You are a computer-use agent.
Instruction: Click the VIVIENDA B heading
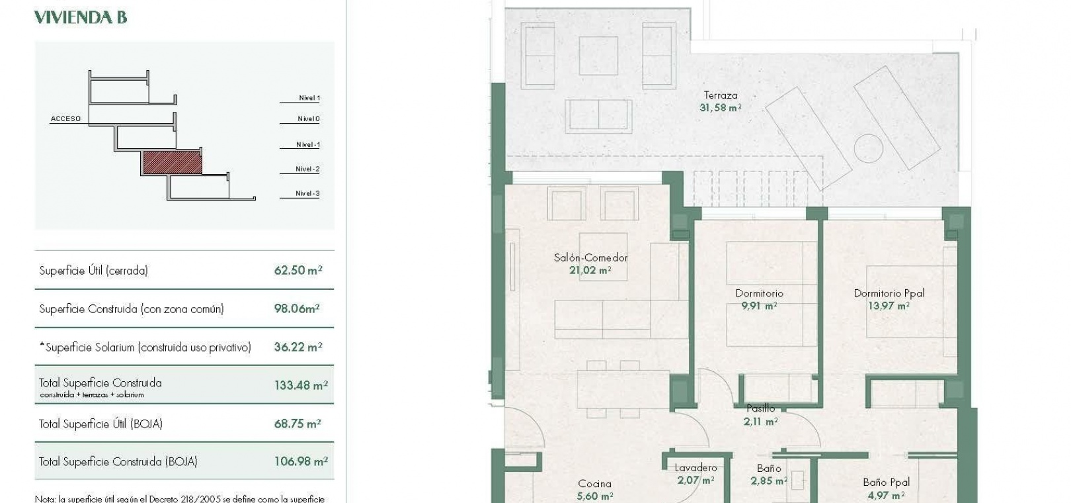(81, 17)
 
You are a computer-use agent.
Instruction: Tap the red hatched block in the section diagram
(173, 162)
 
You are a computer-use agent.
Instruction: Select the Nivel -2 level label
(307, 169)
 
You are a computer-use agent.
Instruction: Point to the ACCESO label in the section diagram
(65, 118)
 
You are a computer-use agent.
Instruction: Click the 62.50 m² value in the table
(298, 270)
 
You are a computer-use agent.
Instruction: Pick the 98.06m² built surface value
(297, 308)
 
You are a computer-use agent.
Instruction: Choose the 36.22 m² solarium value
(298, 347)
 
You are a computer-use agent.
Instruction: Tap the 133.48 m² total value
(301, 385)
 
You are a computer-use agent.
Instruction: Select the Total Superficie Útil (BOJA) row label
(101, 424)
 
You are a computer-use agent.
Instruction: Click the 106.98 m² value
(301, 461)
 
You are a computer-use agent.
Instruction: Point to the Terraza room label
(721, 95)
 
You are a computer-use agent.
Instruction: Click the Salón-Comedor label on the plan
(590, 257)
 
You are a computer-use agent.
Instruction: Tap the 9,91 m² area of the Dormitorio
(759, 305)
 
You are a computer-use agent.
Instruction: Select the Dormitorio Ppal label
(889, 293)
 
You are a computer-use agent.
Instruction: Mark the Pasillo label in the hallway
(761, 408)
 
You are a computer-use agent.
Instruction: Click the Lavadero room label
(695, 467)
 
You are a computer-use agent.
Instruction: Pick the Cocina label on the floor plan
(594, 484)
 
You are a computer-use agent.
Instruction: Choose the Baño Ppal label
(887, 482)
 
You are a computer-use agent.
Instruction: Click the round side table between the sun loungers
(868, 148)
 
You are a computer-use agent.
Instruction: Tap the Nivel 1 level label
(309, 98)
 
